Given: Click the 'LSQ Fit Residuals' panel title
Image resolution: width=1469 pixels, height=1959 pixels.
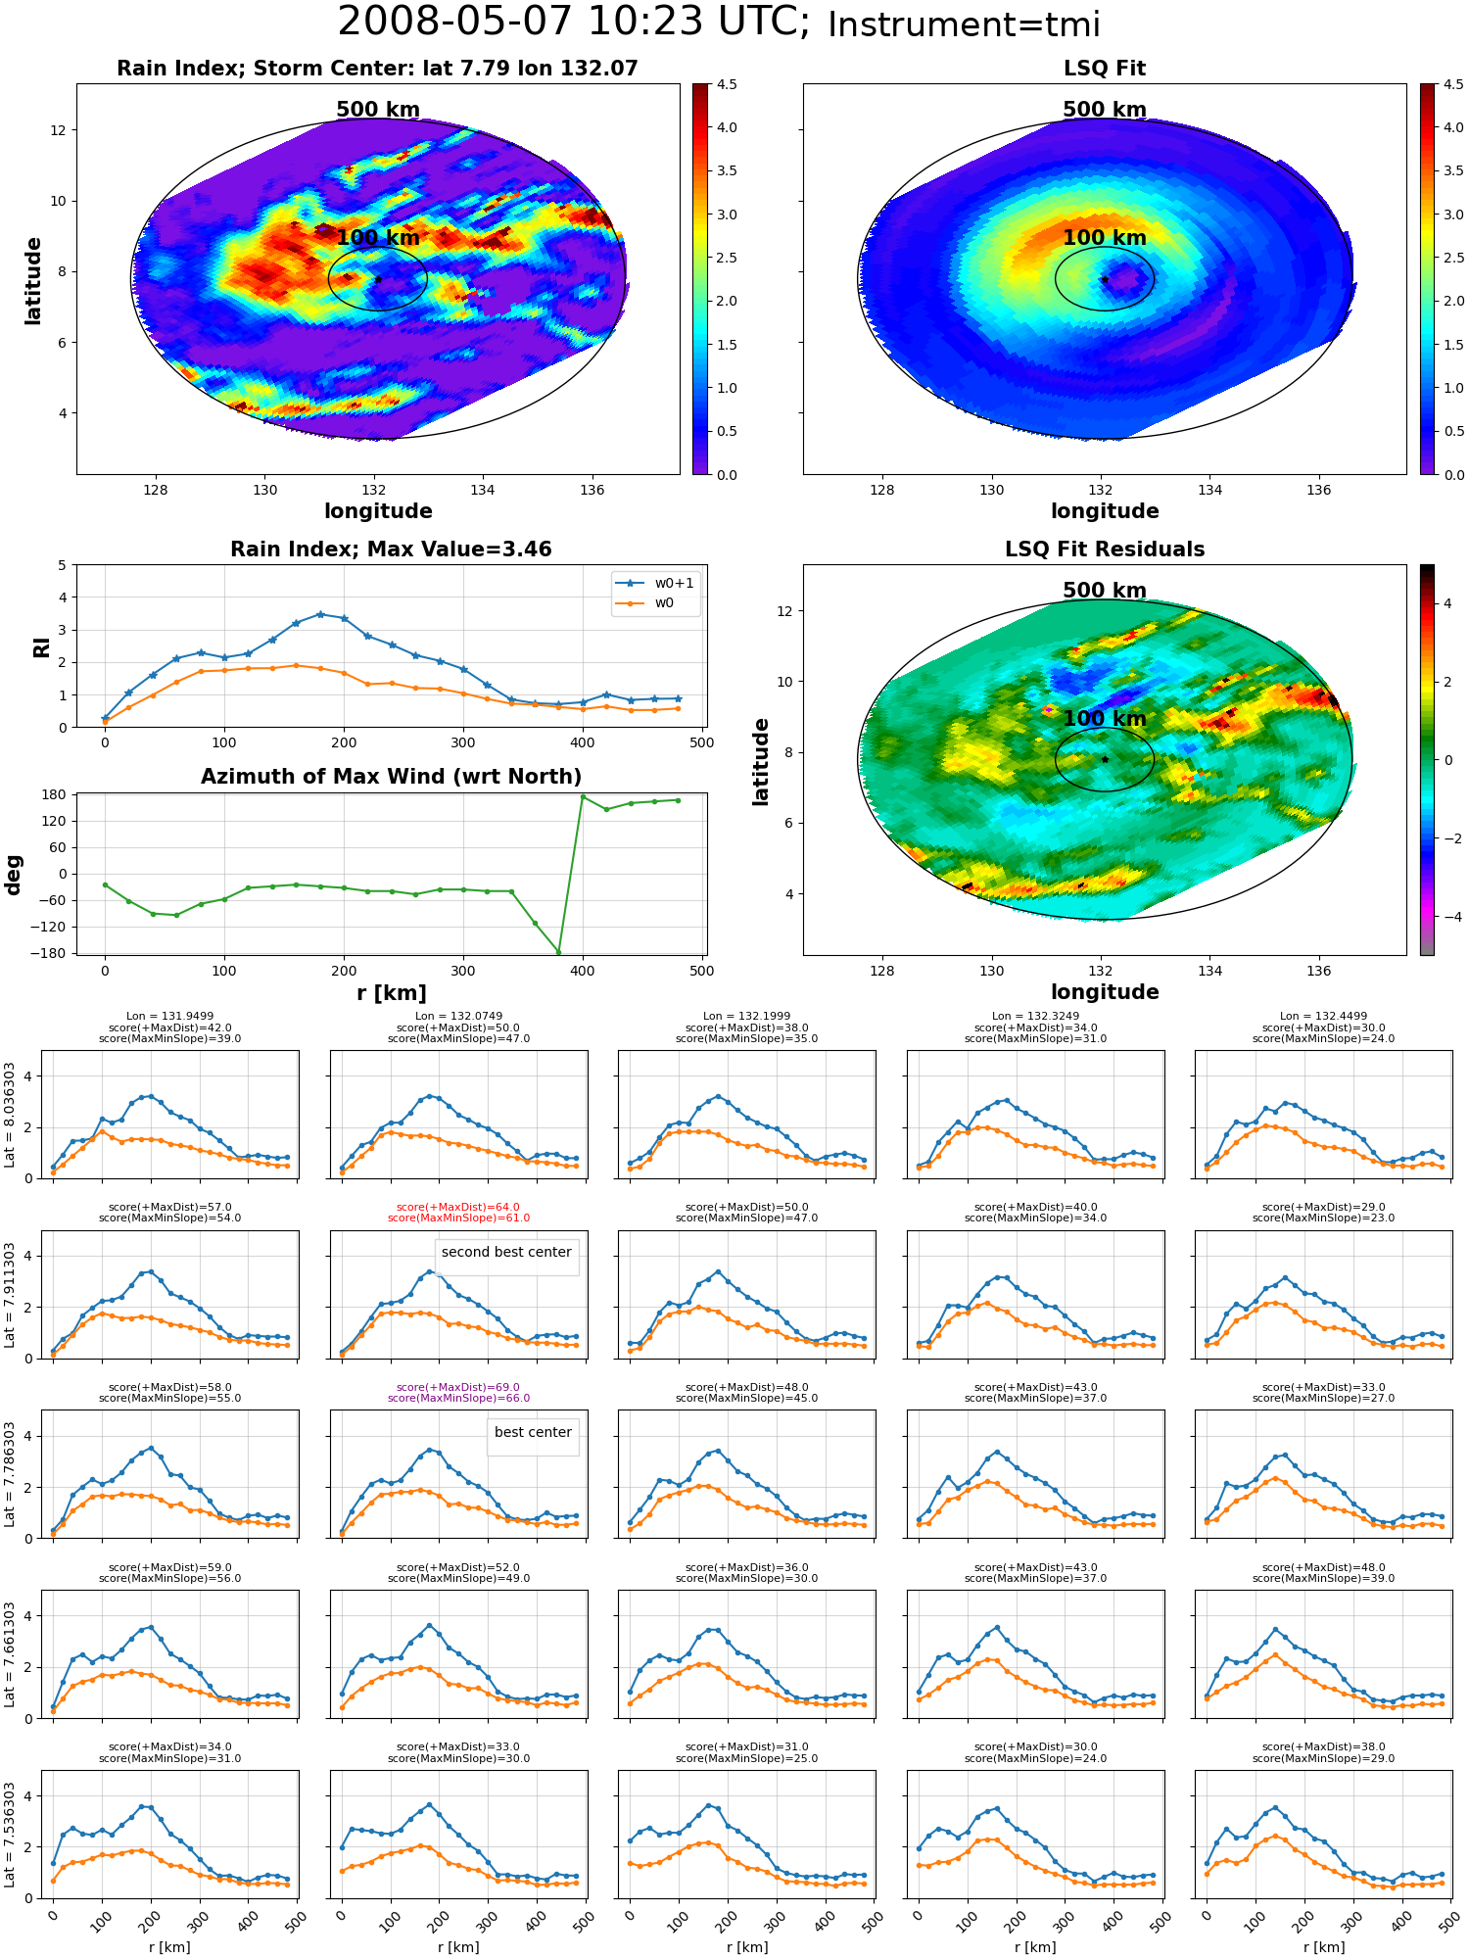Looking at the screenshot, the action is [x=1105, y=549].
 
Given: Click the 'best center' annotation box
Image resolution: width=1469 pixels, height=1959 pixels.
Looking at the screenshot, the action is [x=533, y=1432].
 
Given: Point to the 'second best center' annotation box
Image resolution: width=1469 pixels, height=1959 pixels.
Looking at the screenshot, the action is [x=506, y=1252].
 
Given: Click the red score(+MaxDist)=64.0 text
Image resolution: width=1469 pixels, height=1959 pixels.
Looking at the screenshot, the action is [x=458, y=1208].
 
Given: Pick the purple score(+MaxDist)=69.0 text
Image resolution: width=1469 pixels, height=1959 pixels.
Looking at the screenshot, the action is [x=458, y=1388].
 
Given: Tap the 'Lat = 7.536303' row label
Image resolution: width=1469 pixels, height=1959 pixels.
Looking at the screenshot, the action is [x=10, y=1835].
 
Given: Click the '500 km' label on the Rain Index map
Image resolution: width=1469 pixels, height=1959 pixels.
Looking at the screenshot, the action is [x=378, y=110].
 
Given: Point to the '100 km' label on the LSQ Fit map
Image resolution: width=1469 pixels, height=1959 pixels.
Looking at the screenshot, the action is [x=1105, y=238].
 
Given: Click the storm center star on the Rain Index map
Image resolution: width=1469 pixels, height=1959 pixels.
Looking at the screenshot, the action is [x=378, y=279].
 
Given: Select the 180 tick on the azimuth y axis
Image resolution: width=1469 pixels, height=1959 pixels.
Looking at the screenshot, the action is [x=56, y=794].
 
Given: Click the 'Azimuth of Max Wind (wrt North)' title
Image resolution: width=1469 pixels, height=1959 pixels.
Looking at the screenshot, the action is [x=392, y=777].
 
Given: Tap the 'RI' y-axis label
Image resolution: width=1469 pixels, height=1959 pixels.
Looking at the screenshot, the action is [x=42, y=647].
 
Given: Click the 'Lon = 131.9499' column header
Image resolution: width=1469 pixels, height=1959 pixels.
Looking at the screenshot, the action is [x=169, y=1017].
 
